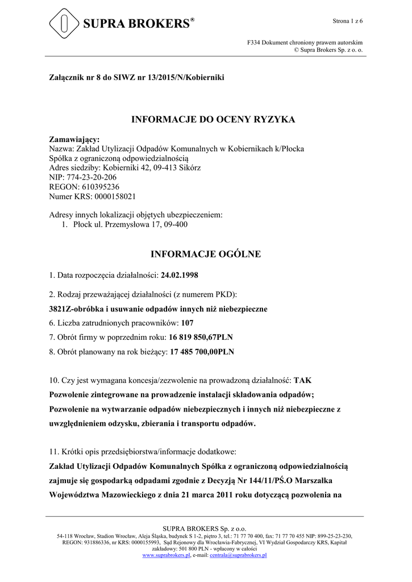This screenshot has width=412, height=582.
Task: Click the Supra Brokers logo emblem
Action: point(64,23)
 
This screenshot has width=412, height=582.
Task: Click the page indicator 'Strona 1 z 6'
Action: point(347,21)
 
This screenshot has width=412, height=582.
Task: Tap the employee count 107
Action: point(188,323)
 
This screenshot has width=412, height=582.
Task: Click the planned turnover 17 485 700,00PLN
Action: point(202,352)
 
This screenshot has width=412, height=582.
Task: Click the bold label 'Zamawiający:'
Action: point(74,139)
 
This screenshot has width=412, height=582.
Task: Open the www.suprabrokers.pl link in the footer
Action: point(166,555)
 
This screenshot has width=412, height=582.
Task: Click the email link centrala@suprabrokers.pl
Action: point(238,555)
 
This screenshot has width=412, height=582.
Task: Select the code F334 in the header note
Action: point(254,43)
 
